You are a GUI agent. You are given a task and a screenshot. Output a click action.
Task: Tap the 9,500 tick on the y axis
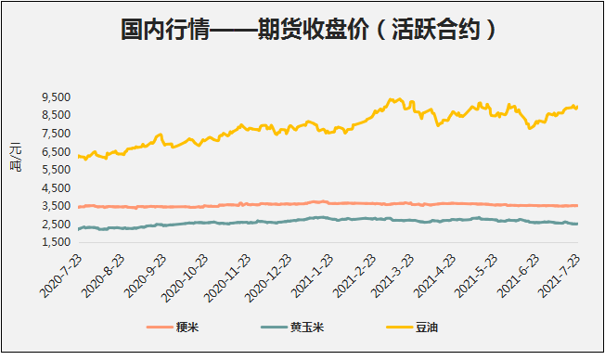point(57,96)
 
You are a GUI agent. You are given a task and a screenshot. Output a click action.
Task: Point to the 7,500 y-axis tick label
point(57,133)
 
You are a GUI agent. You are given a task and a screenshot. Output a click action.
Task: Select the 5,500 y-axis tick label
point(57,169)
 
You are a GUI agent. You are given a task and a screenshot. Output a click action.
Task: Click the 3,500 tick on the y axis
point(57,206)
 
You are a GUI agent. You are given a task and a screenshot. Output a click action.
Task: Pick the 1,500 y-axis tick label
point(57,242)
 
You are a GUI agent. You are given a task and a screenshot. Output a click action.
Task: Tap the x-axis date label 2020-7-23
point(58,276)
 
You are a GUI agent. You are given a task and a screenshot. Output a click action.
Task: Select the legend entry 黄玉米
point(307,327)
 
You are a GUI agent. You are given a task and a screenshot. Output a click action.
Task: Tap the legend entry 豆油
point(424,327)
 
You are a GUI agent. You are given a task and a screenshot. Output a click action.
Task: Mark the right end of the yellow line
point(578,107)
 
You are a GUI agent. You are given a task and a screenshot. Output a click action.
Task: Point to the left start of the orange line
point(79,207)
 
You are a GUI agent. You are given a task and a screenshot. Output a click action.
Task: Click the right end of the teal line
point(578,224)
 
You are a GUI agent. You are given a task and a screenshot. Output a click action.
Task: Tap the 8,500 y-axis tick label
point(57,115)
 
